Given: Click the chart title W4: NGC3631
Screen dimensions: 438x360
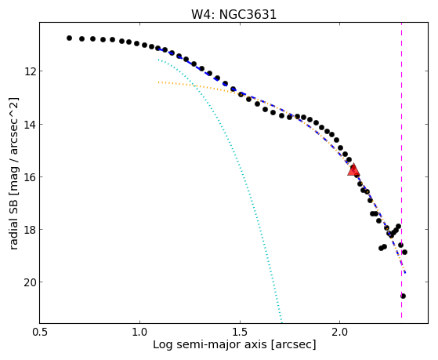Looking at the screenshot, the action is click(x=233, y=14).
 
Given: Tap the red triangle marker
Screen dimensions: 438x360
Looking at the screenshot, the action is click(x=353, y=169).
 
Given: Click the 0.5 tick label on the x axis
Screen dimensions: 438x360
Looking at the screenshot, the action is click(x=40, y=332).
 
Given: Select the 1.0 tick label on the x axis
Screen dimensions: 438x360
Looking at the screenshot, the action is click(x=139, y=332).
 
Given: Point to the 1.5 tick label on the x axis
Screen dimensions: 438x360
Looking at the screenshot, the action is click(x=240, y=332).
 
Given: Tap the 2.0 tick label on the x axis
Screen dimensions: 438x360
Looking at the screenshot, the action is click(x=340, y=332).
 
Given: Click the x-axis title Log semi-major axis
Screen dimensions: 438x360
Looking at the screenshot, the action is click(x=210, y=344).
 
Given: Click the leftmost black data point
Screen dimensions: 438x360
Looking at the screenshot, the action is click(x=69, y=38).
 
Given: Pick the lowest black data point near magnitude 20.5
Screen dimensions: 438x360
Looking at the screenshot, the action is click(x=403, y=296).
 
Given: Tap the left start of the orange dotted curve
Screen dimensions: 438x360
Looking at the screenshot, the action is click(x=158, y=82).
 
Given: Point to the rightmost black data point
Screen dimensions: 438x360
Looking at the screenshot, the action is click(x=404, y=252).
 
